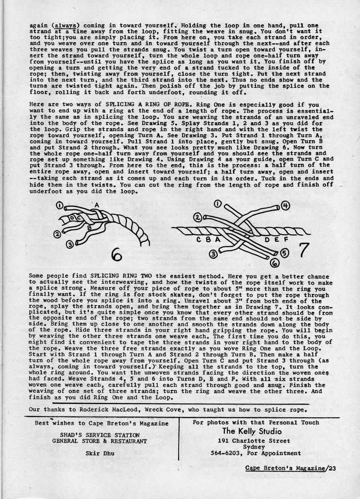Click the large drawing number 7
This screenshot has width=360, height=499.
pos(303,250)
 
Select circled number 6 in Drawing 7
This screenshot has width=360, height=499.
pos(274,263)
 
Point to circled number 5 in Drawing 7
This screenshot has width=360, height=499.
pos(284,252)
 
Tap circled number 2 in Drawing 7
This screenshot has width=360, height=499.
pos(197,218)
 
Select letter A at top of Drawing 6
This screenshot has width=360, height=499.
pos(97,204)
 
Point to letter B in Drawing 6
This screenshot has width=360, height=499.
pos(89,228)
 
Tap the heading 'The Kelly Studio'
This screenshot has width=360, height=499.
pos(251,431)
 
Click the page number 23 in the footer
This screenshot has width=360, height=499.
pos(331,469)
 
